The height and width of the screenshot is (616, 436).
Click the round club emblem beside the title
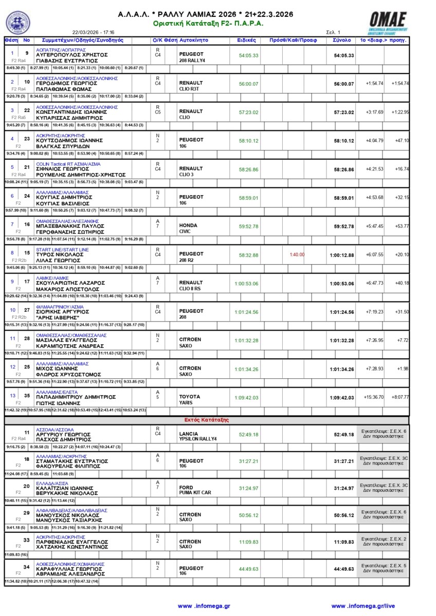17,22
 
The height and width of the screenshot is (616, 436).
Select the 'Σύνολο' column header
342,40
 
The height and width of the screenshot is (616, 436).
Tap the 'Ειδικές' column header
247,40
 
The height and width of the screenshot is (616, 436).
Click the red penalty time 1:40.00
297,255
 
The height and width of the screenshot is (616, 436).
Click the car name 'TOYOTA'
189,397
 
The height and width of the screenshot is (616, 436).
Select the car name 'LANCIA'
188,434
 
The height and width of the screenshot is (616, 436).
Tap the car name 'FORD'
186,487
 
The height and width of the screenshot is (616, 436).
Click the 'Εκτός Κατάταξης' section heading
207,420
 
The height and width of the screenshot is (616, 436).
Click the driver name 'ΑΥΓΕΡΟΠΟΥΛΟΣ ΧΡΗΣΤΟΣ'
71,54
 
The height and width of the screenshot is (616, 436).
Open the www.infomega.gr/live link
364,606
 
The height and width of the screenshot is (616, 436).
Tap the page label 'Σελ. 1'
333,32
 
